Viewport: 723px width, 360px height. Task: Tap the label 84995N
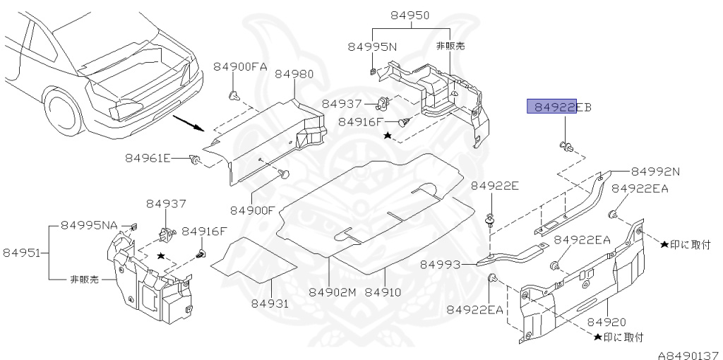372,47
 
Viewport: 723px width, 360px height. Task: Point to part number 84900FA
240,66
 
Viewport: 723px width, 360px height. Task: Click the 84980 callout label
294,73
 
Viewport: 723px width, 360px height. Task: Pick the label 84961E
148,158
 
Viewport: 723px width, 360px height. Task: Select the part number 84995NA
90,225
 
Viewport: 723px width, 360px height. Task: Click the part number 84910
383,292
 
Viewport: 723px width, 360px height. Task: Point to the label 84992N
655,171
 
